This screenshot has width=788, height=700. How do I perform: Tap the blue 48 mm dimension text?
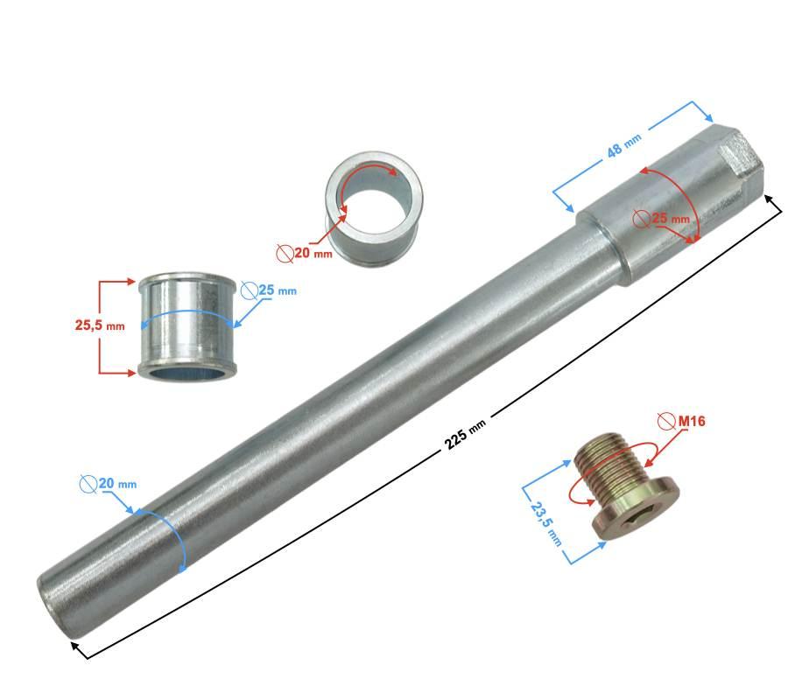coord(623,144)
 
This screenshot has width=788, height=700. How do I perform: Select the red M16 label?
coord(692,421)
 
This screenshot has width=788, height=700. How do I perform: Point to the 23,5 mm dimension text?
coord(545,523)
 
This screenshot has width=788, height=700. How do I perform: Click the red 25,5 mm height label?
coord(100,325)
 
